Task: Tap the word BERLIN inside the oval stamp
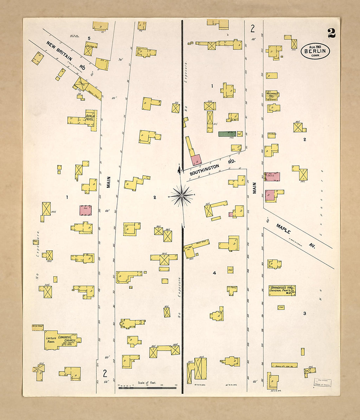315,51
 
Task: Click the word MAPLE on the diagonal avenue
283,229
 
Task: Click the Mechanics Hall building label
272,95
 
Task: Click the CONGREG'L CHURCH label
67,339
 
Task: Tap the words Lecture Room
51,340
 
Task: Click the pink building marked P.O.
272,176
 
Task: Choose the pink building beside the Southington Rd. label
196,159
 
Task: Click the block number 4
214,273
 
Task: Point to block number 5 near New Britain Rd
89,38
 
